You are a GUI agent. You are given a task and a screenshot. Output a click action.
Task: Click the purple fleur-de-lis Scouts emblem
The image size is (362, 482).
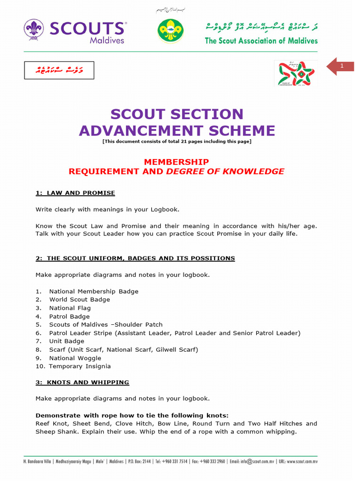[x=34, y=30]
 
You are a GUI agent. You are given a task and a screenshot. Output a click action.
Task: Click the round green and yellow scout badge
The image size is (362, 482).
[x=170, y=31]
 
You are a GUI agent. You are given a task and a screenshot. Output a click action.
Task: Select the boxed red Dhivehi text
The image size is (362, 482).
[x=60, y=70]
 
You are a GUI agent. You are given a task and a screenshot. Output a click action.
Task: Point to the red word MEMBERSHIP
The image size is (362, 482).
[x=176, y=162]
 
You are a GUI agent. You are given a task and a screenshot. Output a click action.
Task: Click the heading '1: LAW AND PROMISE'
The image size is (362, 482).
[x=75, y=193]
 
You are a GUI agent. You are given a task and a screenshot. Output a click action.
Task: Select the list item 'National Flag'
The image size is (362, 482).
[x=70, y=308]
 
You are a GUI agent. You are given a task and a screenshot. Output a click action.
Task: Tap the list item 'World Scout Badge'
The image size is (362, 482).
[x=79, y=299]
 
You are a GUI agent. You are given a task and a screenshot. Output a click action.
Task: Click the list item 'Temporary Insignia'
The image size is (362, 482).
[x=80, y=366]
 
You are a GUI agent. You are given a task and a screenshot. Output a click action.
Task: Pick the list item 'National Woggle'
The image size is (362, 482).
[x=75, y=358]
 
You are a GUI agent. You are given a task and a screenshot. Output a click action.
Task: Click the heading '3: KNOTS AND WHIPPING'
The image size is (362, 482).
[x=82, y=382]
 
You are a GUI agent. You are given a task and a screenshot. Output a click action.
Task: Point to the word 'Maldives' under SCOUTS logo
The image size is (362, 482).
[x=107, y=40]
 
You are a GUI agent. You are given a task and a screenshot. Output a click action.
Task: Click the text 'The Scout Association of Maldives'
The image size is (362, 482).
[x=261, y=40]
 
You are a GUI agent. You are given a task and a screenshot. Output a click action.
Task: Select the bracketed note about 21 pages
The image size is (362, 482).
[x=177, y=142]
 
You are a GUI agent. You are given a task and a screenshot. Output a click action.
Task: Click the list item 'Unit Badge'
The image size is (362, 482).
[x=66, y=341]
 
